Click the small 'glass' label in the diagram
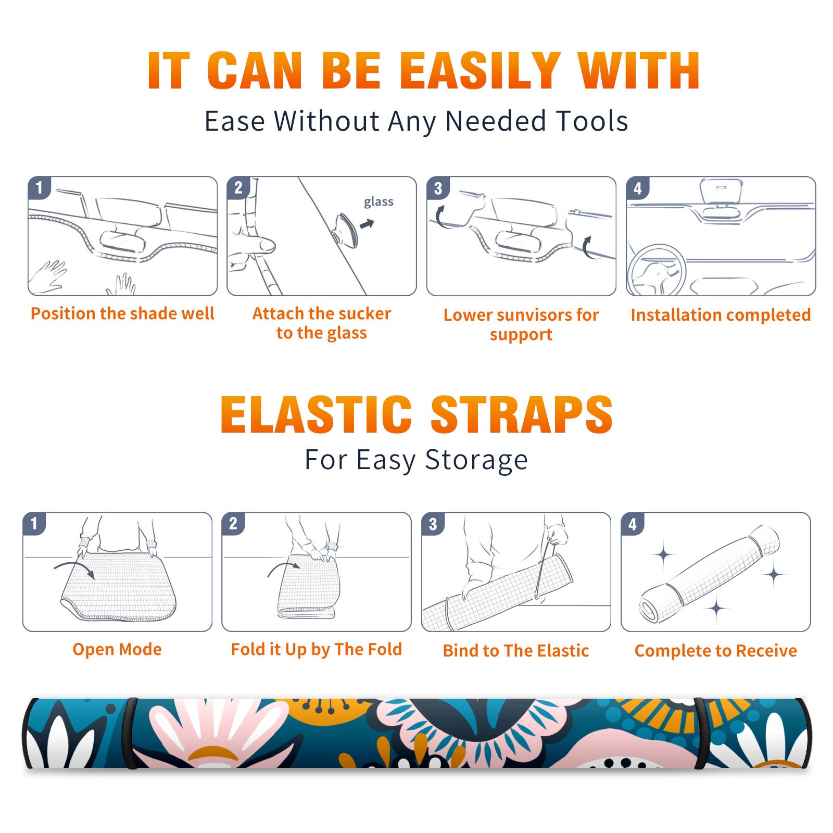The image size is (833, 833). (378, 202)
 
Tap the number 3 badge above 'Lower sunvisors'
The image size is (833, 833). (438, 188)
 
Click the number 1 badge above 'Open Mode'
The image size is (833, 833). (34, 523)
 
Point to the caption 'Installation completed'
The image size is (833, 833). (721, 315)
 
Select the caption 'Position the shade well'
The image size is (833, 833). (122, 313)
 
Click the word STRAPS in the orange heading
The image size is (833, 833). (522, 414)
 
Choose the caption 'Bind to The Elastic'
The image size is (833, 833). (516, 651)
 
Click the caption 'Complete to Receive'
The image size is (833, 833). (716, 651)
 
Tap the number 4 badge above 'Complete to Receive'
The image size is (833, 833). (633, 524)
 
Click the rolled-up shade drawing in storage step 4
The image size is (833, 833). (710, 574)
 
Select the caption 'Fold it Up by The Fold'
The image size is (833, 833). (317, 650)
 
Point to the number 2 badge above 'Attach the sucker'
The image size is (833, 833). (238, 188)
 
